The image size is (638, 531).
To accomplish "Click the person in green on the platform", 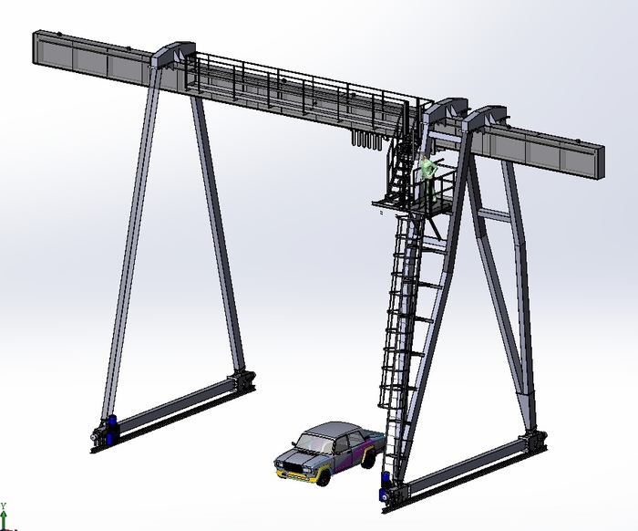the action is click(x=428, y=176).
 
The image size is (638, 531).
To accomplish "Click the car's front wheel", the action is click(x=323, y=477).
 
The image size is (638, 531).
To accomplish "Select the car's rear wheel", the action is click(x=368, y=457).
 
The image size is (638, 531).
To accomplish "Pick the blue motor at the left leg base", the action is click(x=111, y=430).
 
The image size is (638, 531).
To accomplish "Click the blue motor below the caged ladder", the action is click(x=385, y=486).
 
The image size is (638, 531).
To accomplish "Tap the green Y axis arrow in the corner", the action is click(x=4, y=516).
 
